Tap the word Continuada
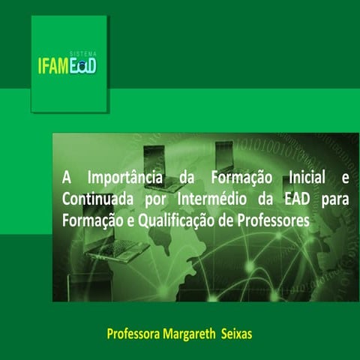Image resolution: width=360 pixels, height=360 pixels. coord(95,200)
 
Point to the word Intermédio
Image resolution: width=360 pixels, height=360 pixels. coord(209,200)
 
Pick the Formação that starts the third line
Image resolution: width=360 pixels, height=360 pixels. coord(89,221)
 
